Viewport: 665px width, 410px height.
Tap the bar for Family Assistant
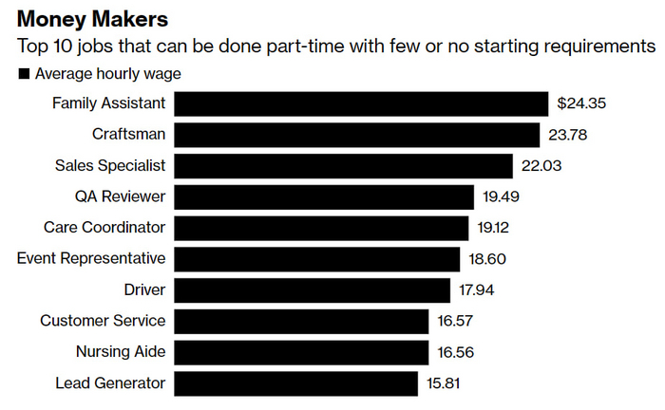click(361, 103)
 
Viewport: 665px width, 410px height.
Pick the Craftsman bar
click(356, 135)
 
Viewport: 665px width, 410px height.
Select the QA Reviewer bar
click(324, 196)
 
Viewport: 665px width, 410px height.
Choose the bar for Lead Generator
click(296, 383)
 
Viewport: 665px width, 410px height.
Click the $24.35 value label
click(580, 103)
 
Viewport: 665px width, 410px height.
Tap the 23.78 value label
click(567, 135)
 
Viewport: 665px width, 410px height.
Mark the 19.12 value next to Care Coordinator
click(496, 228)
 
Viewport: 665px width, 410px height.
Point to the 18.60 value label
click(489, 259)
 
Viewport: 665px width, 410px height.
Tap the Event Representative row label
click(91, 258)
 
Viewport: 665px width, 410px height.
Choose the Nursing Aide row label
click(121, 352)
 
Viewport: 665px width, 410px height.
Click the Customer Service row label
click(103, 321)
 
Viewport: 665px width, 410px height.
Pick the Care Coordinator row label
click(104, 228)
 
